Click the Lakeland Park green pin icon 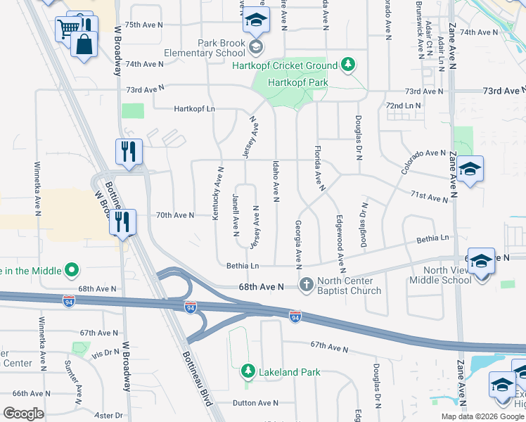click(247, 371)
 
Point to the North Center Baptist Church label click(349, 286)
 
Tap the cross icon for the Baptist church click(306, 284)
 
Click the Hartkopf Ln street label click(194, 109)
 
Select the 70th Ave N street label click(174, 215)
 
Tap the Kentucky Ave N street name click(217, 193)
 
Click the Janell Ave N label click(236, 213)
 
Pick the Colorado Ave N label click(424, 153)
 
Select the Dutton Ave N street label click(256, 403)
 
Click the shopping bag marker click(84, 44)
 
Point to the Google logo click(23, 414)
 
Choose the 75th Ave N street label click(143, 25)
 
